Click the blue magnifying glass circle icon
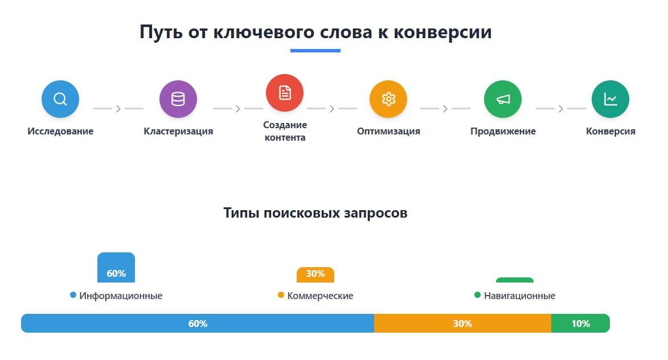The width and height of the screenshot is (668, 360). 60,99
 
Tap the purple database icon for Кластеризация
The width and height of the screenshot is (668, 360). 178,99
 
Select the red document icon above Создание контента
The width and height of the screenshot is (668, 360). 285,93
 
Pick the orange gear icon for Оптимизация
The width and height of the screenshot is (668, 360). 388,99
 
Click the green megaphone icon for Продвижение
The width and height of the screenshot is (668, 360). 503,99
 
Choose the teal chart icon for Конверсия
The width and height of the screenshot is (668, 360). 610,99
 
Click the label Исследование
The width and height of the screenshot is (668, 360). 60,131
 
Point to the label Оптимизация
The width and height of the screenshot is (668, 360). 388,131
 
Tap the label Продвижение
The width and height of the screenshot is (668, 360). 503,131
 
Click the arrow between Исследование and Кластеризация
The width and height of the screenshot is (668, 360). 118,109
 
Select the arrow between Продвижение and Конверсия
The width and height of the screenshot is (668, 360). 560,109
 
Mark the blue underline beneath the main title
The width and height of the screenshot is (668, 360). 315,51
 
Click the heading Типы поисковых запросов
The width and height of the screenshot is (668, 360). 315,212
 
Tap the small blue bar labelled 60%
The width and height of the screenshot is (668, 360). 116,268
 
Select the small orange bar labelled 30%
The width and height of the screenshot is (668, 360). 315,275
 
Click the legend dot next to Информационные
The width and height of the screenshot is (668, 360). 73,295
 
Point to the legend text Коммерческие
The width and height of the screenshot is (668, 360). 321,296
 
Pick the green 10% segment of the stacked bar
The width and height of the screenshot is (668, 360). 580,324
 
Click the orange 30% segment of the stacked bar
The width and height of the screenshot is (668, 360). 462,324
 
